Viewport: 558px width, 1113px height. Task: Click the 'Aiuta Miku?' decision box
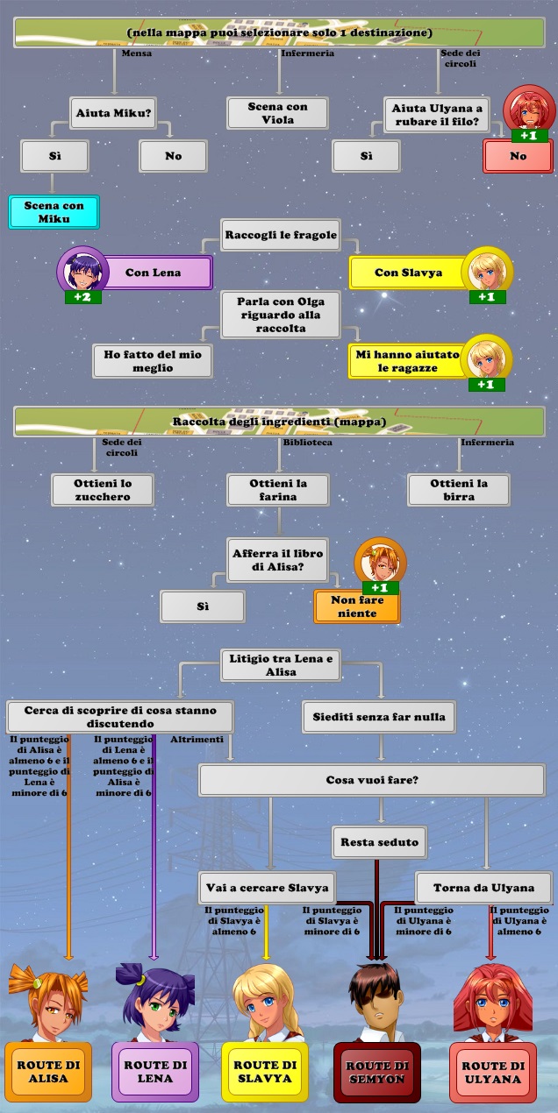[x=114, y=113]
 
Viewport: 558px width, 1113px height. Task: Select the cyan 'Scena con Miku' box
[x=54, y=212]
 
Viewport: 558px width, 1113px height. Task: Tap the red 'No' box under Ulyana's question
[x=518, y=156]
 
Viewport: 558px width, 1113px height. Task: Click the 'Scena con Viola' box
[x=277, y=113]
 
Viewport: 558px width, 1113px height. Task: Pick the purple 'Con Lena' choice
[x=154, y=273]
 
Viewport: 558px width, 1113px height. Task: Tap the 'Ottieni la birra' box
[x=458, y=490]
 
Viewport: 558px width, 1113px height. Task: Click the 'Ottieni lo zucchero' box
[x=103, y=490]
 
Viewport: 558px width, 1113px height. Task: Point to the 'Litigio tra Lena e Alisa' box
[x=280, y=665]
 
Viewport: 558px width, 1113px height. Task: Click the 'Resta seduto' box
[x=379, y=842]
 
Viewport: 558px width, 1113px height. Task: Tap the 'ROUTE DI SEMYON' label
[x=375, y=1072]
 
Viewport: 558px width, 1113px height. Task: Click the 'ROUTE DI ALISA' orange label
[x=48, y=1072]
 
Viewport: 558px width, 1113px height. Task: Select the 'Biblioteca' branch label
[x=307, y=443]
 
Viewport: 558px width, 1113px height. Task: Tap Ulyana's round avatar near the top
[x=528, y=109]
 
